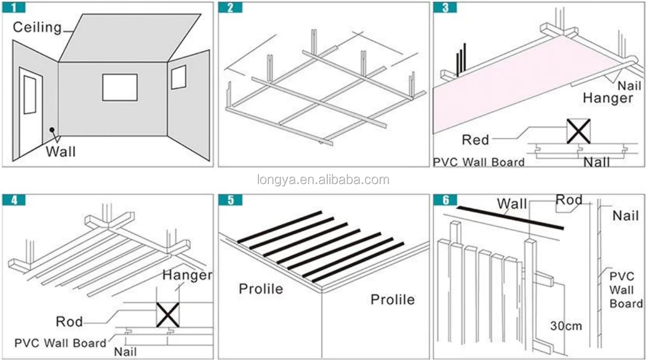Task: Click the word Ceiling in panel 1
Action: [x=37, y=27]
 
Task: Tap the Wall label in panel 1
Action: [x=60, y=152]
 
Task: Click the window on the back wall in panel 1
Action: [x=120, y=87]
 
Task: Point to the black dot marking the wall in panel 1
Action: [x=52, y=129]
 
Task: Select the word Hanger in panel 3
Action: [x=607, y=98]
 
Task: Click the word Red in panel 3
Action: [x=475, y=140]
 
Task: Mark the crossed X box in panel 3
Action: [x=578, y=131]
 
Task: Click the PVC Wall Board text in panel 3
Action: [x=479, y=162]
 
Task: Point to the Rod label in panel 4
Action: [x=69, y=321]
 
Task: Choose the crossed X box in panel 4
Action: [x=167, y=314]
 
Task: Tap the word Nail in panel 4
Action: [x=125, y=352]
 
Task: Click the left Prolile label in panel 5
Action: [x=261, y=289]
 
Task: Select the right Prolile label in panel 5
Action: [x=392, y=300]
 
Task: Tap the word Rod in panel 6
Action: [x=569, y=200]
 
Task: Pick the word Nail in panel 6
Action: [x=625, y=215]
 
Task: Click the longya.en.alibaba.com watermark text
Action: [x=323, y=180]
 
